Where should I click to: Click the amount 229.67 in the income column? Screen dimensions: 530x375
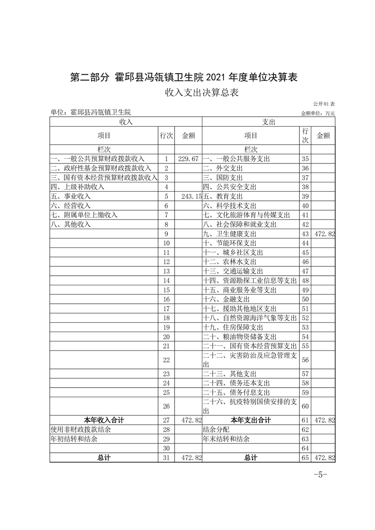coord(188,159)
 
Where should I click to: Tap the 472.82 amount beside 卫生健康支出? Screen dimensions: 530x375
coord(324,234)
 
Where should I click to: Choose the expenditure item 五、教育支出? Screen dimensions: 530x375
coord(223,196)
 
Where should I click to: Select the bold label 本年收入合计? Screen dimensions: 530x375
coord(104,420)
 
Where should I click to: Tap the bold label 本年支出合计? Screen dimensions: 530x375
coord(251,420)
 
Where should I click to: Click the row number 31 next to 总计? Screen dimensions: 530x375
coord(166,458)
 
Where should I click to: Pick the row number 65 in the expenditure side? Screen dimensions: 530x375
coord(305,458)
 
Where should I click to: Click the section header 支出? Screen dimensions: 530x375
coord(269,121)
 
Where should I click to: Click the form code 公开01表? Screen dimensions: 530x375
coord(323,103)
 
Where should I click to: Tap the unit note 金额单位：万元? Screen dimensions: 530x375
coord(317,113)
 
